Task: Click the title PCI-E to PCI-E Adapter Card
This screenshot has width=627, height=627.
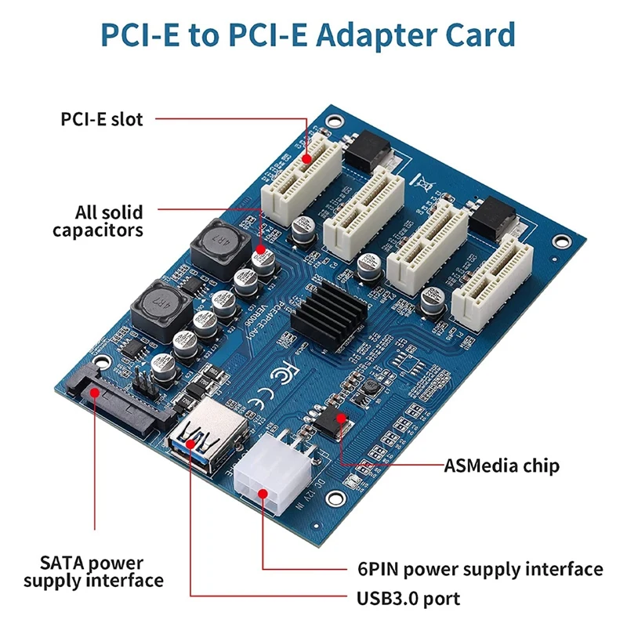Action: [307, 36]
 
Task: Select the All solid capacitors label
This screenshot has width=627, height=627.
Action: [98, 220]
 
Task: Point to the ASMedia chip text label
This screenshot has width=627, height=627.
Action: [502, 466]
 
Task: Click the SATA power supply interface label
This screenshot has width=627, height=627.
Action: [93, 571]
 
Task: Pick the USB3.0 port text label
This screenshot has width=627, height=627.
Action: [408, 600]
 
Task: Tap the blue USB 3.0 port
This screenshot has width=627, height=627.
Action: [201, 439]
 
